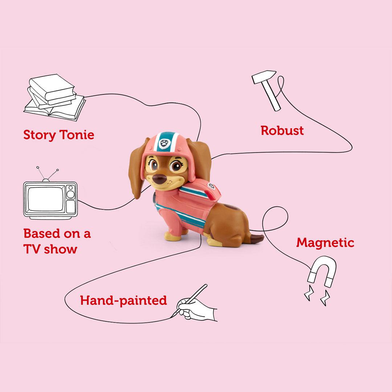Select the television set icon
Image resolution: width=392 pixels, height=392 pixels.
point(50,200)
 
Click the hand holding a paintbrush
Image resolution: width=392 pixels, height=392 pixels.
point(196,307)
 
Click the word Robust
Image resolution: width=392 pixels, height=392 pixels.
point(282,131)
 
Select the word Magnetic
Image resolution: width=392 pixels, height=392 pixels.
point(325,243)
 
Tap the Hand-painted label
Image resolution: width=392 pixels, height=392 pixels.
point(123,301)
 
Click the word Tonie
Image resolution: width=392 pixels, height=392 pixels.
point(77,135)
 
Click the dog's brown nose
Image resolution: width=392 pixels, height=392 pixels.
point(159,179)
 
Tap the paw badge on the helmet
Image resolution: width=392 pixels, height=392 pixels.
point(164,143)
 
